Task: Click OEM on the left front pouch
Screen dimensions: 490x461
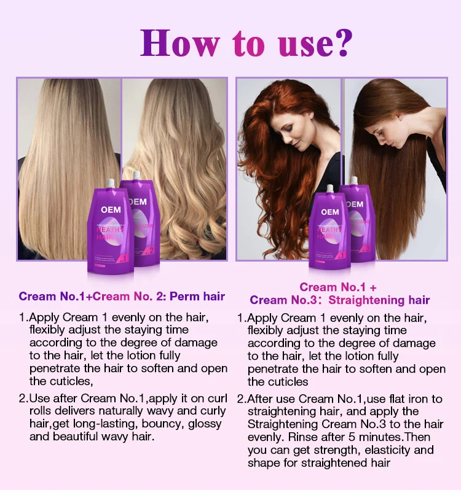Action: [111, 209]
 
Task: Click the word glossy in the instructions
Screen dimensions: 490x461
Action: [206, 424]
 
